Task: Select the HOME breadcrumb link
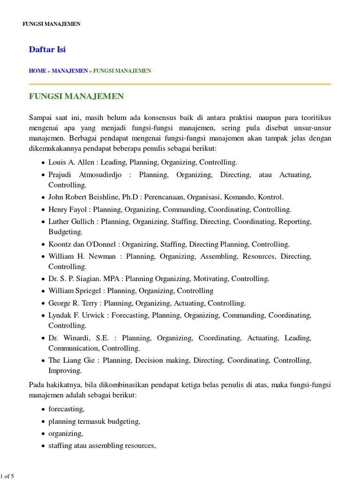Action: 37,71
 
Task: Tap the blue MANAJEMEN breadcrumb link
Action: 70,71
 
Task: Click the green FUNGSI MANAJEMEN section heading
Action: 76,97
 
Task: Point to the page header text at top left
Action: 52,24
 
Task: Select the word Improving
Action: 65,370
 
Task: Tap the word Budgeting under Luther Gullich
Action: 66,232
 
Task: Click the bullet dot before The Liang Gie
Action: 43,361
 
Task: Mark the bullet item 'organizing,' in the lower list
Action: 66,433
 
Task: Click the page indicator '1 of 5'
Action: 7,476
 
